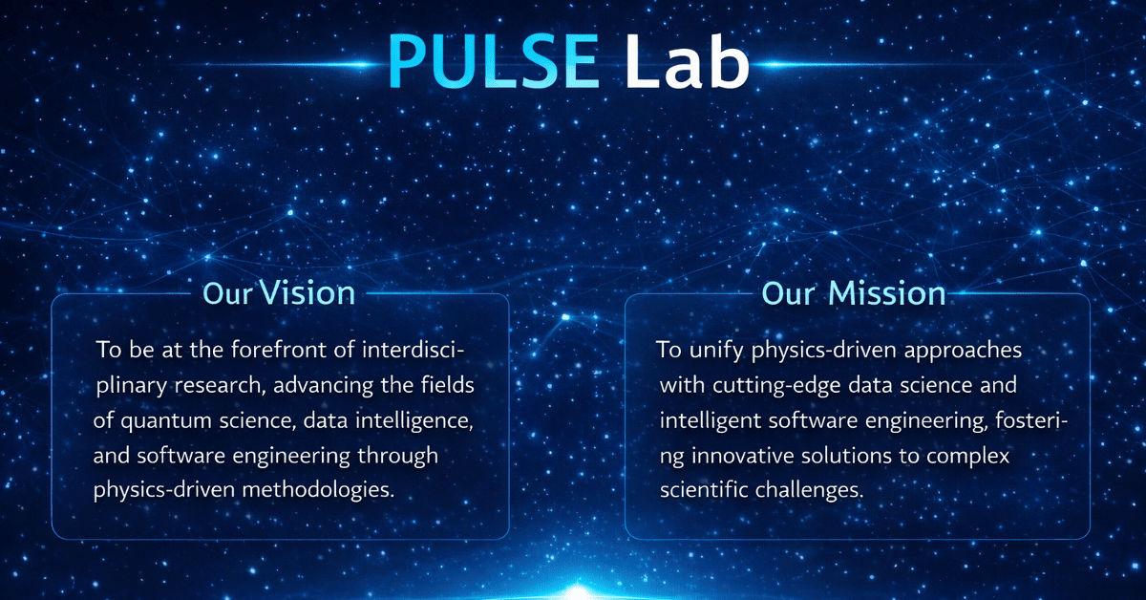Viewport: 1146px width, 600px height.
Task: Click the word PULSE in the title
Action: [x=495, y=62]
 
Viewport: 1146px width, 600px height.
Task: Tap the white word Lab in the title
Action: [x=688, y=62]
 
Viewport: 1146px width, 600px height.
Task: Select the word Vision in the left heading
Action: [x=308, y=292]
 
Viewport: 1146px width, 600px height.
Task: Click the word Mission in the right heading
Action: [x=887, y=292]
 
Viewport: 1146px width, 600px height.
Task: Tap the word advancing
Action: [x=311, y=385]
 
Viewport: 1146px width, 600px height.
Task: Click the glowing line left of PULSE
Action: [x=315, y=65]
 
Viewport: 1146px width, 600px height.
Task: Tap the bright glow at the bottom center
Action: [x=573, y=590]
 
